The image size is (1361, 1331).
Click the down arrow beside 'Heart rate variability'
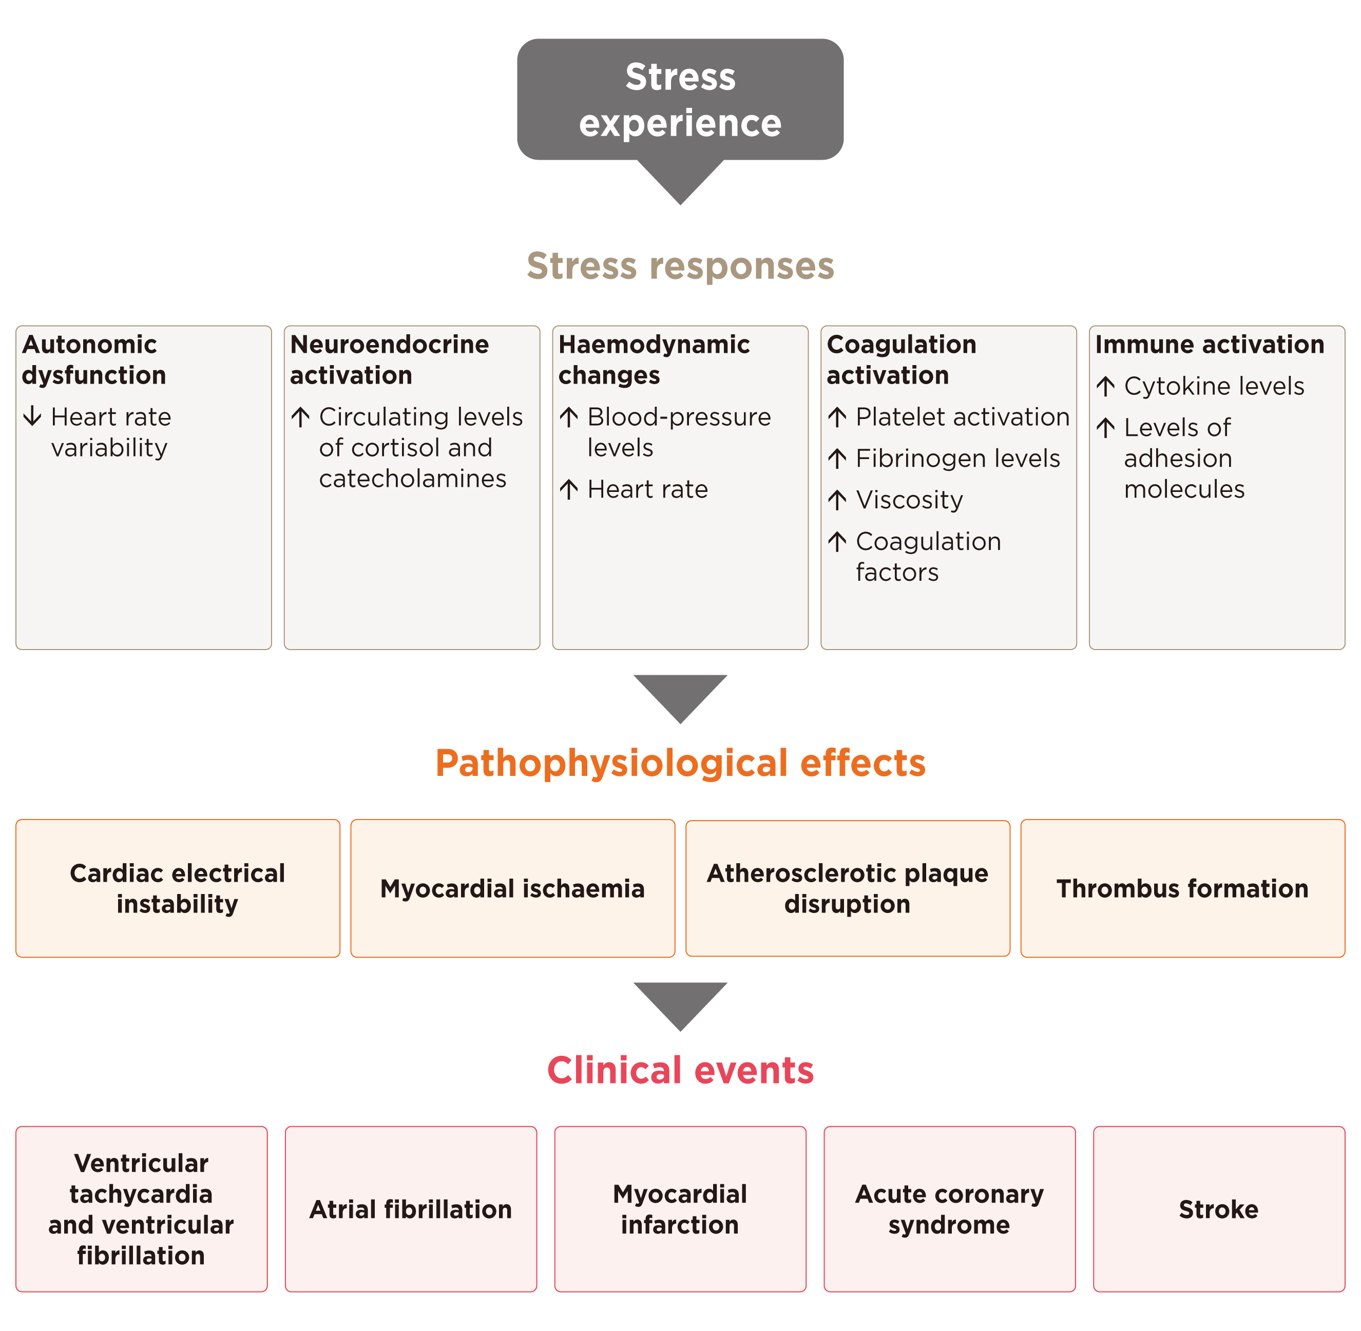(x=32, y=416)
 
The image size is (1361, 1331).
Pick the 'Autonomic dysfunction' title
(x=93, y=359)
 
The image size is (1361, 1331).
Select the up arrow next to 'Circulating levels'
(x=300, y=417)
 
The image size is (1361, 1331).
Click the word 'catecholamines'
(x=412, y=479)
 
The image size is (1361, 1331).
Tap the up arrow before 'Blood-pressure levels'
(x=569, y=417)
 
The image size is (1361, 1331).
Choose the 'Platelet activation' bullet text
(x=962, y=416)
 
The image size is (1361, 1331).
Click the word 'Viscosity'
(x=909, y=500)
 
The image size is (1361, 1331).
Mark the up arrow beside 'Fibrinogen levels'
(x=837, y=459)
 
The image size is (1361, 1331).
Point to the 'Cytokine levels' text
(x=1214, y=386)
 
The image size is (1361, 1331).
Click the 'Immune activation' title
(x=1210, y=345)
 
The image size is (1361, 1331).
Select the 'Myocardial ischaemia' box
(x=512, y=888)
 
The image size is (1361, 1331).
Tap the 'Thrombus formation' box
(x=1182, y=888)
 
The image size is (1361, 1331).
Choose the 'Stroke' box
(x=1218, y=1209)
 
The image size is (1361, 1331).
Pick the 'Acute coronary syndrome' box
(x=949, y=1209)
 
